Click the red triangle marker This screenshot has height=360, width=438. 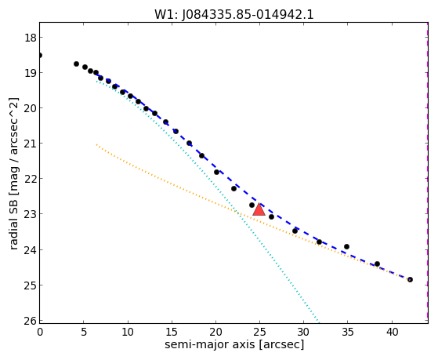click(259, 209)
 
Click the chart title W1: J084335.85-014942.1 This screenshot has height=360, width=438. click(234, 14)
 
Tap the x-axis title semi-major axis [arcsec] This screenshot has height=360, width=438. click(234, 344)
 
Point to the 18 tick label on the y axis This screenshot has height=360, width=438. click(31, 38)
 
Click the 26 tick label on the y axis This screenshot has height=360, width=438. click(31, 321)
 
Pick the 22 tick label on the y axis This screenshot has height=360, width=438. click(31, 179)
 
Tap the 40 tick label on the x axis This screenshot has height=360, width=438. click(392, 332)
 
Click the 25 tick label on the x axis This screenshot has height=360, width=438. click(259, 332)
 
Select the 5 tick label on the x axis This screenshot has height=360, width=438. click(84, 332)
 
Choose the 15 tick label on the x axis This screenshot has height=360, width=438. click(172, 332)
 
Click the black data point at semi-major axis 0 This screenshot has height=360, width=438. click(40, 55)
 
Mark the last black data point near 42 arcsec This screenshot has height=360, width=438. click(410, 279)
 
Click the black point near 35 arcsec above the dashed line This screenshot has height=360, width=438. click(346, 246)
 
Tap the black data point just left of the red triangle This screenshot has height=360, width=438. click(252, 205)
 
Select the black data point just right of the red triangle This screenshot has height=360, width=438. click(271, 216)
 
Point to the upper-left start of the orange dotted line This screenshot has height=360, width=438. click(96, 144)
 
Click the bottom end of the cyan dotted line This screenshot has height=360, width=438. click(318, 321)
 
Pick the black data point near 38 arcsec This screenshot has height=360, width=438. click(377, 264)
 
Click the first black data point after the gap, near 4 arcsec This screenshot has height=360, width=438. click(76, 64)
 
